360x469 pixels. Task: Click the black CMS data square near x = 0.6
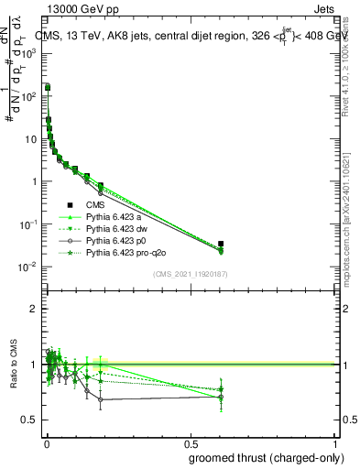pyautogui.click(x=222, y=244)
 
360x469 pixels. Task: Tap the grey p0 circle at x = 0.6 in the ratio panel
pyautogui.click(x=222, y=397)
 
